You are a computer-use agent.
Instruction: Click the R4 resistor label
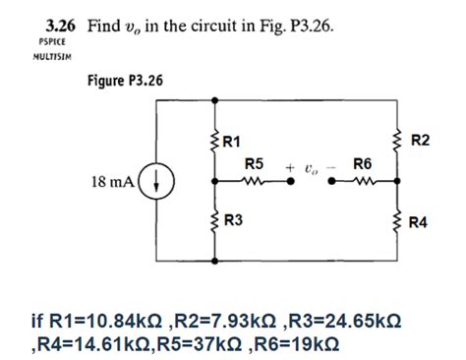(420, 222)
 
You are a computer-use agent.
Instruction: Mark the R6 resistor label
(362, 164)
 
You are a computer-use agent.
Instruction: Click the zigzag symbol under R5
(255, 181)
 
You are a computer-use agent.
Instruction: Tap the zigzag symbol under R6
(363, 181)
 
